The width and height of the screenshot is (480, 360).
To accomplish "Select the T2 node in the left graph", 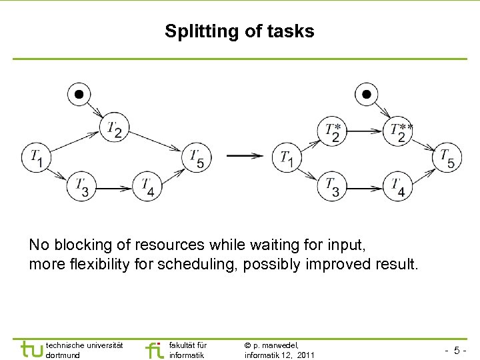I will click(x=115, y=128).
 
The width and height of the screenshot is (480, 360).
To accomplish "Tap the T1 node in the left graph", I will click(x=37, y=157).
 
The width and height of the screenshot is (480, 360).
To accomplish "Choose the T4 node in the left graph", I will click(x=148, y=187).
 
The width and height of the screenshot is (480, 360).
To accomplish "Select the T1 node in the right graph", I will click(x=287, y=158).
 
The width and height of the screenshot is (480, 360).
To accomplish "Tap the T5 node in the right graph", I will click(x=447, y=158).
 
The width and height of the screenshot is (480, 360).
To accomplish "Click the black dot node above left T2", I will click(x=79, y=94).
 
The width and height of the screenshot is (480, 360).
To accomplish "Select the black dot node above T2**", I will click(x=365, y=94).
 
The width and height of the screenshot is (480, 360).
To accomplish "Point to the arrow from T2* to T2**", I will click(x=366, y=131).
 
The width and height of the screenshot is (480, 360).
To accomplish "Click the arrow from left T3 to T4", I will click(x=114, y=187).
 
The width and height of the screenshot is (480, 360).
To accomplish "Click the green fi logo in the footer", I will click(x=154, y=349).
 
